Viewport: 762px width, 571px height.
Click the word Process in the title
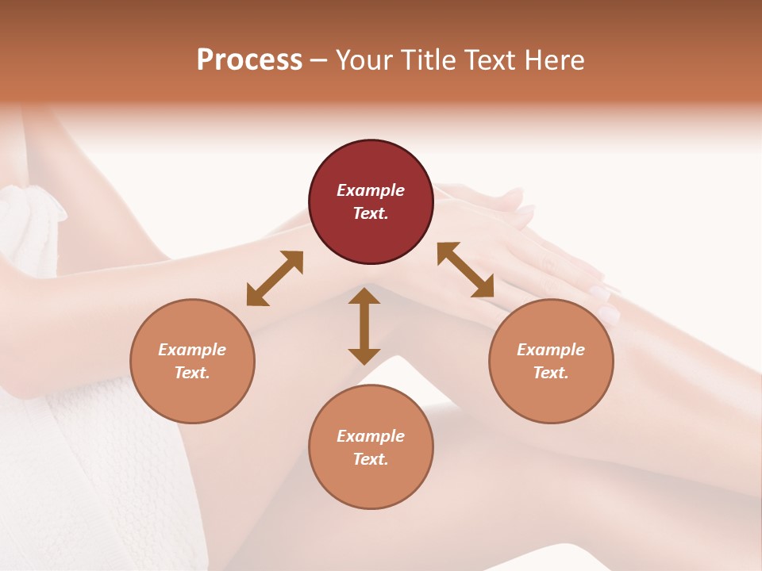249,59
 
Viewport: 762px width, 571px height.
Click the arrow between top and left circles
275,278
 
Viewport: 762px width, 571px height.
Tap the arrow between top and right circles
466,270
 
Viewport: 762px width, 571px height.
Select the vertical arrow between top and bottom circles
364,326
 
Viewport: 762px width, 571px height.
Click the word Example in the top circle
371,190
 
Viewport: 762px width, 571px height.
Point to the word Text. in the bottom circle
371,459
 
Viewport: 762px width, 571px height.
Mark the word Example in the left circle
192,350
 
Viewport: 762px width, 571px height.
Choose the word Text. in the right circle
551,373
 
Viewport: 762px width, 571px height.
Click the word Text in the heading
493,59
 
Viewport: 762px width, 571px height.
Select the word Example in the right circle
551,350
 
